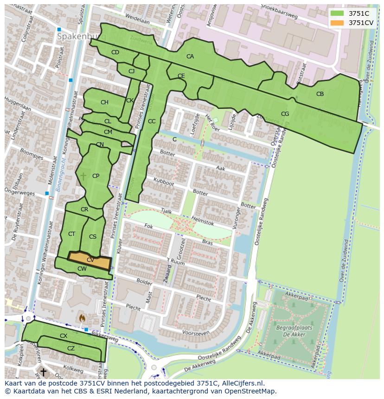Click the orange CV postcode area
tap(90, 261)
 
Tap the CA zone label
tap(190, 57)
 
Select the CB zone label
tap(320, 94)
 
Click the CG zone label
tap(285, 114)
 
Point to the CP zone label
tap(96, 176)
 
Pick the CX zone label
tap(64, 336)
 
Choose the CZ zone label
tap(71, 348)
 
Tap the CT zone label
tap(71, 234)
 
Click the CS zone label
tap(93, 237)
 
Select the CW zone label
tap(82, 269)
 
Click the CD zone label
tap(115, 52)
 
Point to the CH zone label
tap(104, 102)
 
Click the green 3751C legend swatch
tap(337, 13)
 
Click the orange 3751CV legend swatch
tap(337, 23)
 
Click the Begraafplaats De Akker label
tap(295, 330)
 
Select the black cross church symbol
tap(43, 372)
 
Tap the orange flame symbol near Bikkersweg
tap(83, 318)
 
